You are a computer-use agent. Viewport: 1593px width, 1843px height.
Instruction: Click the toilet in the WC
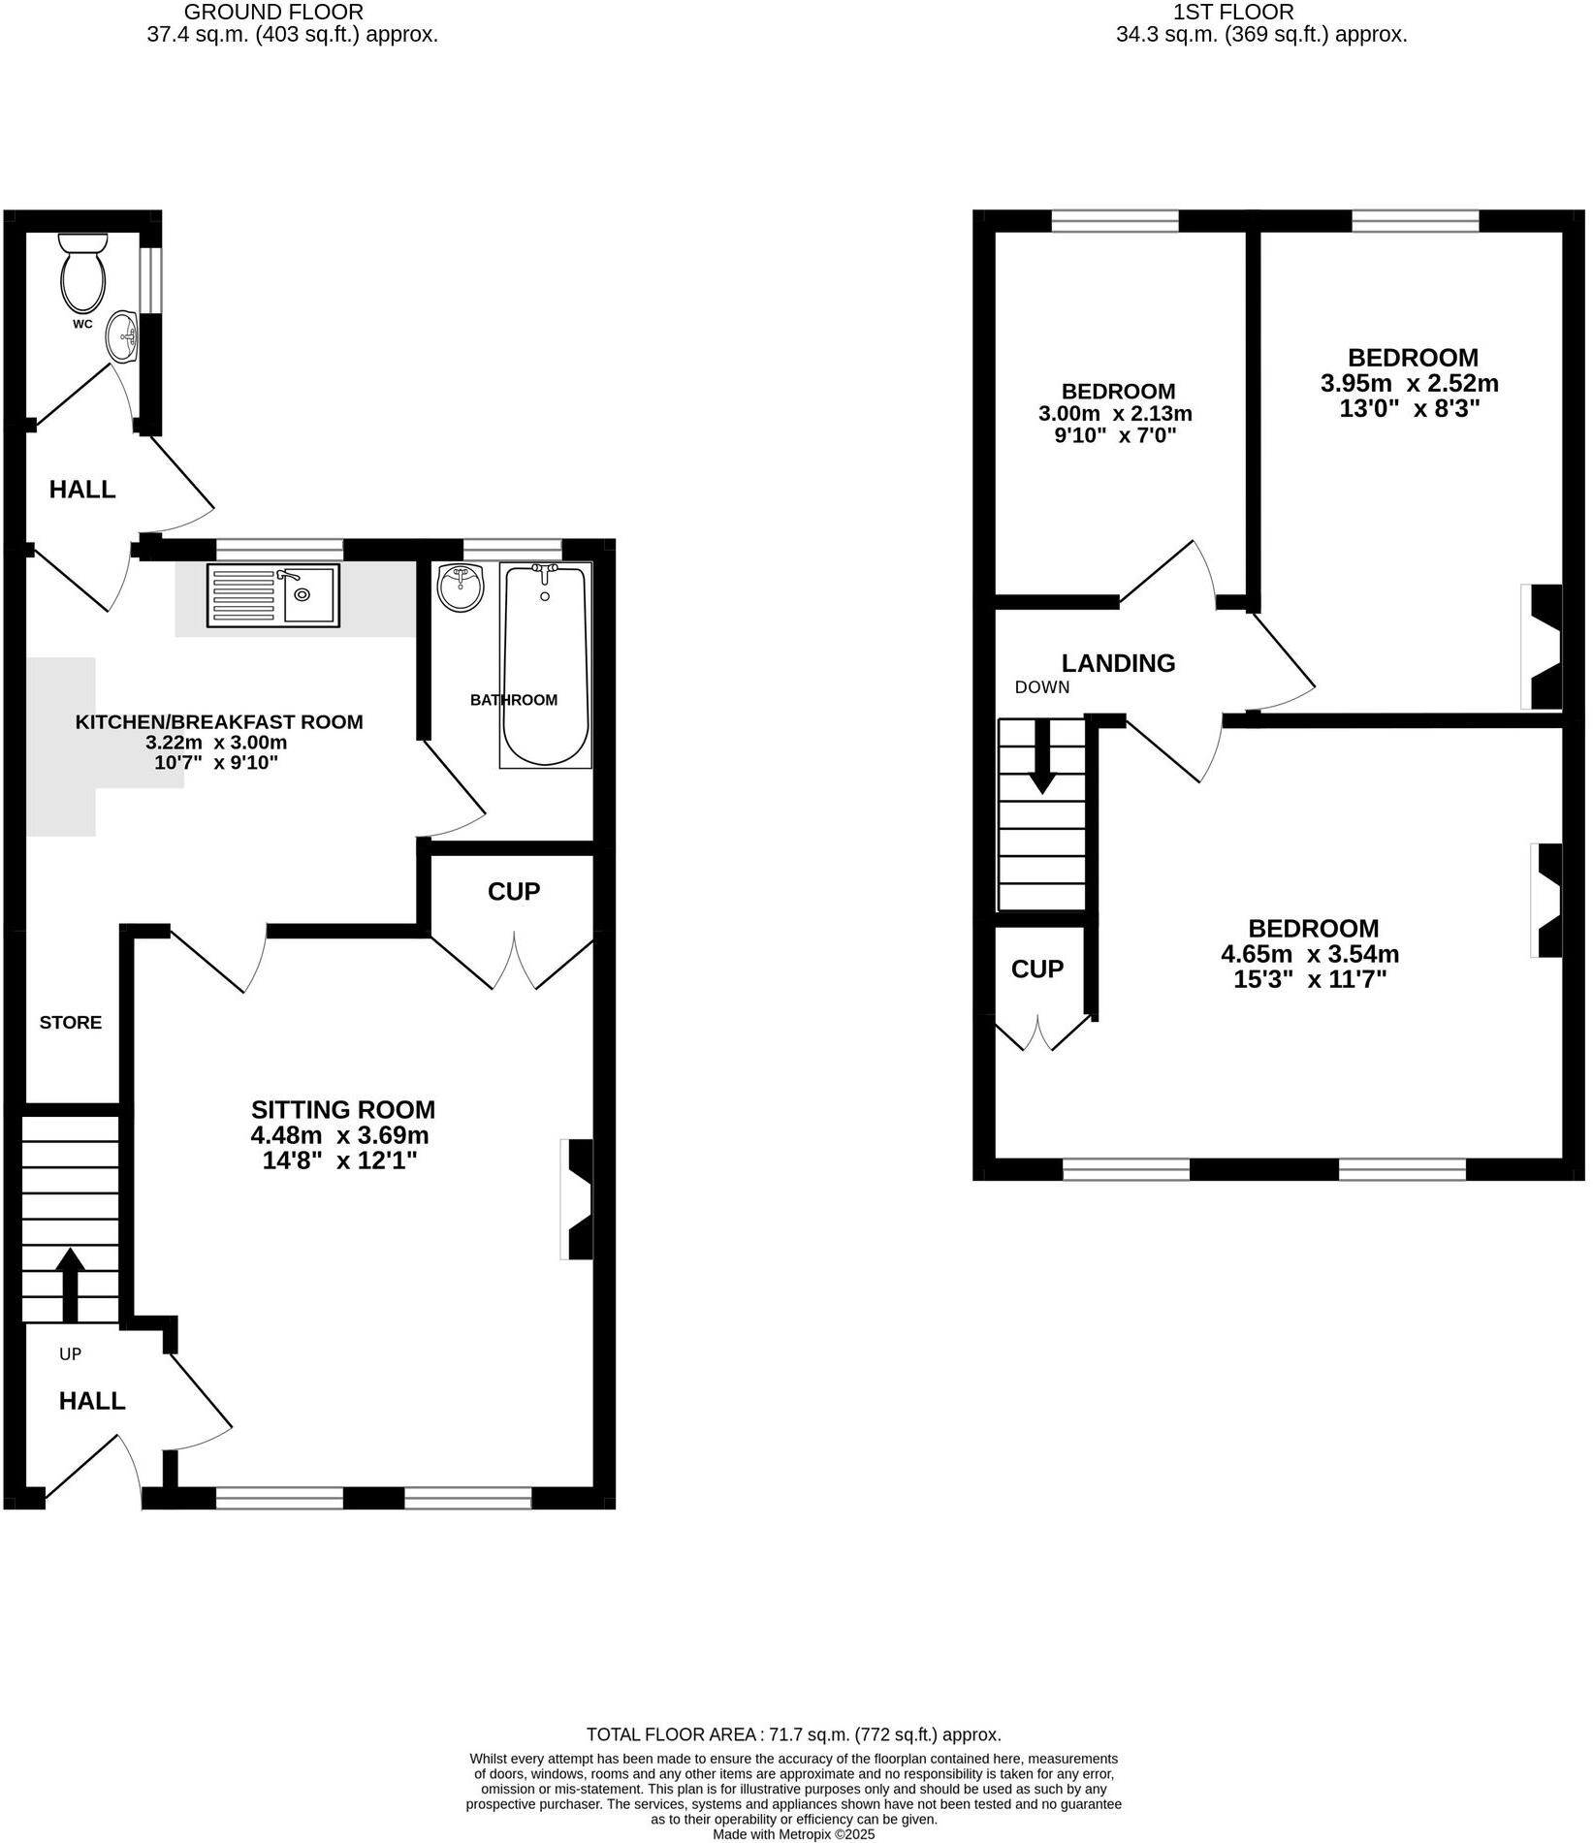82,271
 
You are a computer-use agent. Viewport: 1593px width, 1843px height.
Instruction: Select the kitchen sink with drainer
272,594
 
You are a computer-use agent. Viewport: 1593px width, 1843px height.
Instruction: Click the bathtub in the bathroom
545,666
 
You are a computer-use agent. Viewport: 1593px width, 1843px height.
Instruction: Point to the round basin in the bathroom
461,588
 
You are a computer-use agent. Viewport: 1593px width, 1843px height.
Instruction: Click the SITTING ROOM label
342,1109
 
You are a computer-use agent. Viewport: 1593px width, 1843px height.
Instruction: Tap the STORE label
70,1022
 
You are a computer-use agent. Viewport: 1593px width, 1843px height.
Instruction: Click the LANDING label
1118,663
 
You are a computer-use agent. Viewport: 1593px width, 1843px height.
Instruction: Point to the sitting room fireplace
579,1199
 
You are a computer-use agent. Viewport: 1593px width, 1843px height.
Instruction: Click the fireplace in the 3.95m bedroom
1544,647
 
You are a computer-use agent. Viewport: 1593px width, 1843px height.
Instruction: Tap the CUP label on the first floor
1036,969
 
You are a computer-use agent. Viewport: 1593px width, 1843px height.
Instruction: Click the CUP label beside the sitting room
513,891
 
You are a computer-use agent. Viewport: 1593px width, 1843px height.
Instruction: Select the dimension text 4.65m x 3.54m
1309,954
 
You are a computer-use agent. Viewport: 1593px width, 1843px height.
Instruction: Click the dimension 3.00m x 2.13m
1115,414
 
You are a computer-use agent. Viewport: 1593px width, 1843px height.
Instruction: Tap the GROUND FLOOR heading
273,13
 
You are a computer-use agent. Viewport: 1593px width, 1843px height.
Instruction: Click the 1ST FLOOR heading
1233,13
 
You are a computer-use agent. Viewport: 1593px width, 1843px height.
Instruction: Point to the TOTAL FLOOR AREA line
793,1734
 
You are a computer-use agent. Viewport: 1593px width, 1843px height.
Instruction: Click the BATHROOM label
513,700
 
